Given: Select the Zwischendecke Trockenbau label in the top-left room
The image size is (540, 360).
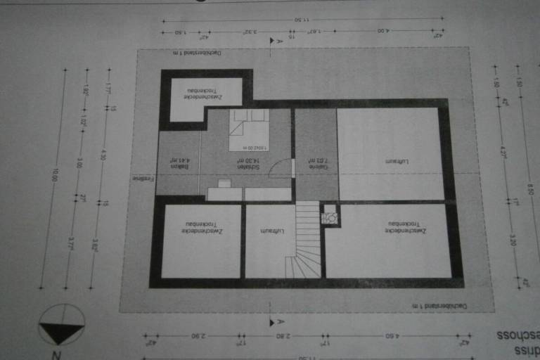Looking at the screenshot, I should [x=203, y=91].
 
